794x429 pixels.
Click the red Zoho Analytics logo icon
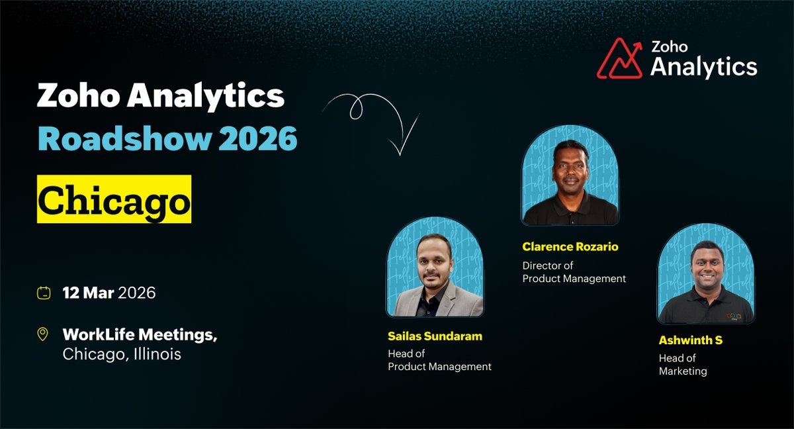pos(620,58)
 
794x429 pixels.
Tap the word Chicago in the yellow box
pos(114,199)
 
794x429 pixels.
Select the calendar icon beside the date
pos(44,293)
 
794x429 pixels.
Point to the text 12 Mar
pos(88,293)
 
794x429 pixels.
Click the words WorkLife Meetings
pos(139,335)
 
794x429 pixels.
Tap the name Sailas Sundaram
pos(435,336)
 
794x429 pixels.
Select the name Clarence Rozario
pos(570,247)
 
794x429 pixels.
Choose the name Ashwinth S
pos(690,340)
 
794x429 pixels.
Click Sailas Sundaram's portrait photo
pos(435,271)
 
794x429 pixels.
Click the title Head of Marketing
pos(683,365)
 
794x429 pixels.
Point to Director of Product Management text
pos(574,272)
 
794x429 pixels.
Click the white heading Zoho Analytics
pos(161,97)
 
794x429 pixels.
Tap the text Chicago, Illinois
pos(122,354)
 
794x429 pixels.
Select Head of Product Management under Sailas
pos(439,360)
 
